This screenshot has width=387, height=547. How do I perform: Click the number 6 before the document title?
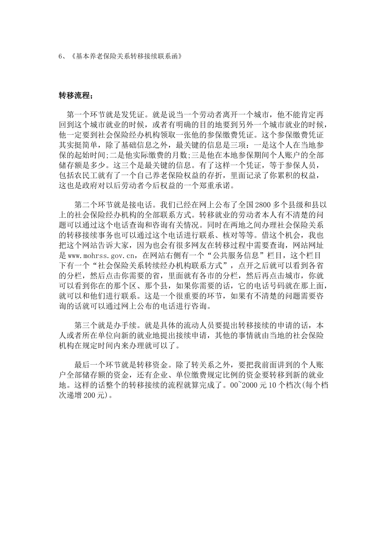[61, 57]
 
